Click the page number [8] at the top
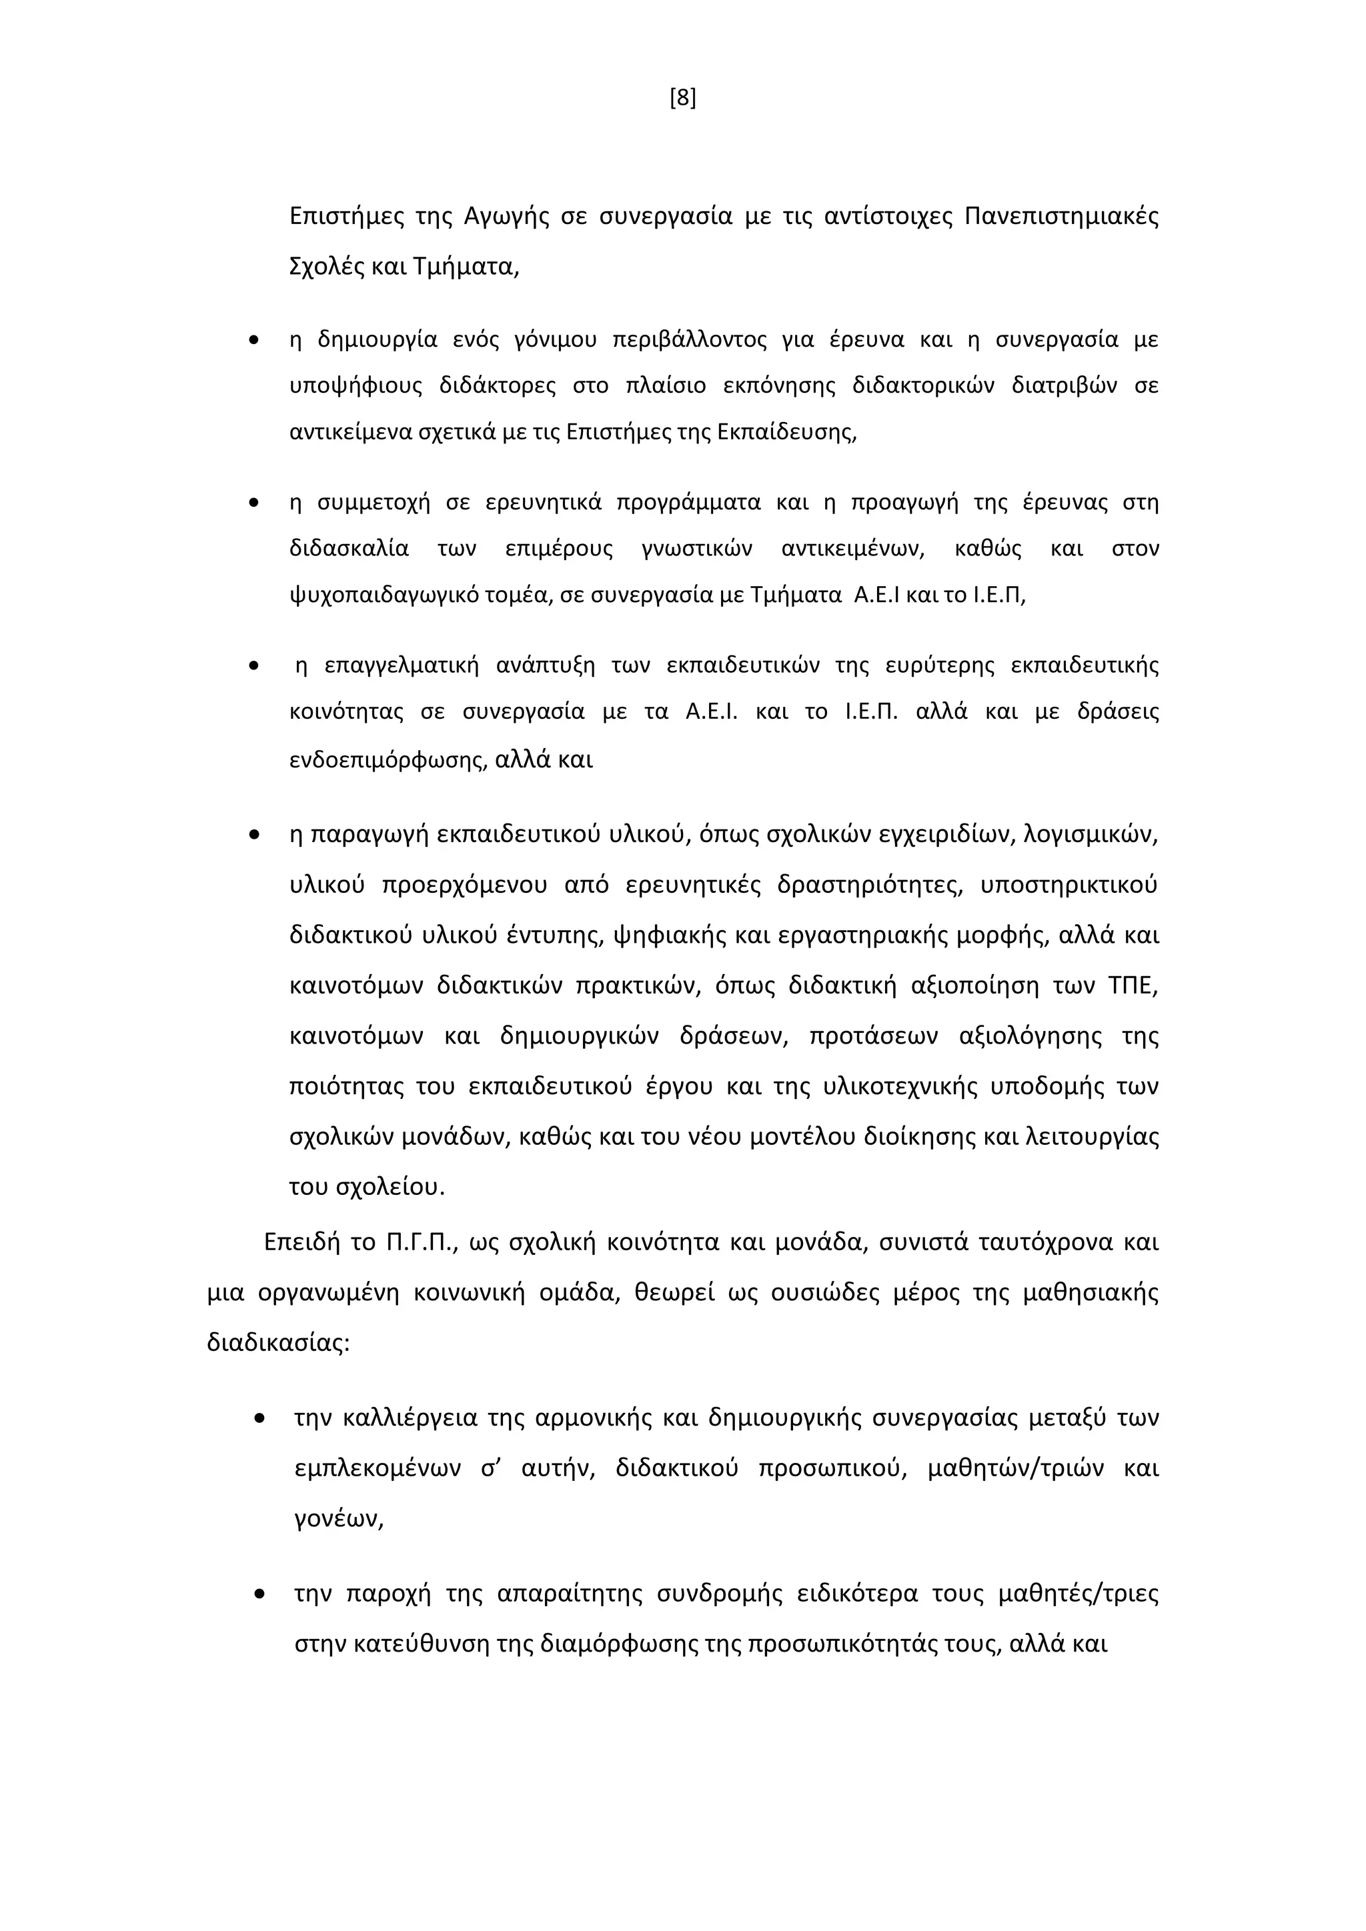click(682, 99)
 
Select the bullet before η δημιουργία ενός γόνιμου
click(253, 341)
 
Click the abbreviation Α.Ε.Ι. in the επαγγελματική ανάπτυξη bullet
click(712, 711)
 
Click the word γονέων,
click(338, 1519)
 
